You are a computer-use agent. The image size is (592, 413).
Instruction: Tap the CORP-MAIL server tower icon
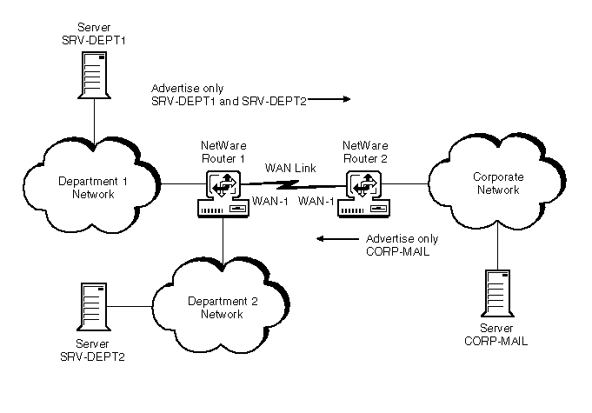coord(496,295)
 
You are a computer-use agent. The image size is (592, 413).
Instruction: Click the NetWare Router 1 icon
coord(222,195)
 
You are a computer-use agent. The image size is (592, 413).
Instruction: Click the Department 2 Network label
coord(223,307)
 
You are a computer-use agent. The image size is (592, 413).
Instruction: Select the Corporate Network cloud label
coord(498,183)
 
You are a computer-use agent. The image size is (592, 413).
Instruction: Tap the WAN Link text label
coord(285,167)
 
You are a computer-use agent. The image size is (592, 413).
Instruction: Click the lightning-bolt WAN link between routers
coord(290,184)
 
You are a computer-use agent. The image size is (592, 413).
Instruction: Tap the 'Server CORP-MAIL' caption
coord(497,335)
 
